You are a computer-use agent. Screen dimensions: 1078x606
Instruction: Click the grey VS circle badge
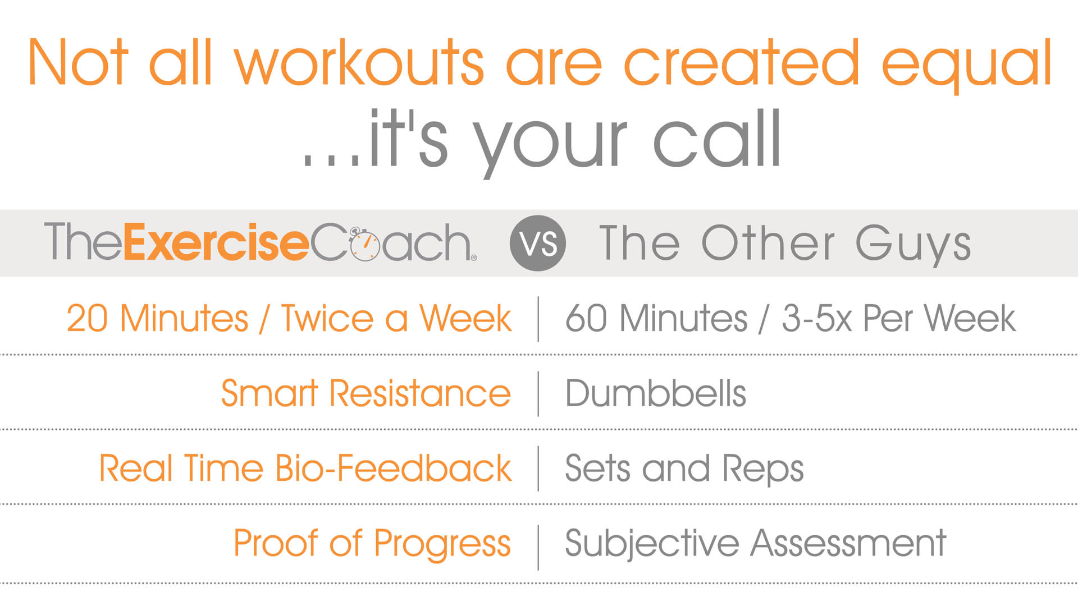(537, 243)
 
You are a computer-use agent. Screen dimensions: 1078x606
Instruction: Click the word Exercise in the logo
(216, 242)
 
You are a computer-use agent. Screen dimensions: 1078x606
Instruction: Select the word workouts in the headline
(359, 63)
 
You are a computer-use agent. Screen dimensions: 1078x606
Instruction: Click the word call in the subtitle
(718, 139)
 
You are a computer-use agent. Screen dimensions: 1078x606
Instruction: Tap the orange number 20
(87, 319)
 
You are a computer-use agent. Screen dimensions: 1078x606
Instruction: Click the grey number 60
(586, 319)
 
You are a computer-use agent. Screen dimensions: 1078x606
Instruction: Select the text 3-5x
(817, 319)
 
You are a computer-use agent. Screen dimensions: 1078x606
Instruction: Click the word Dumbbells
(656, 393)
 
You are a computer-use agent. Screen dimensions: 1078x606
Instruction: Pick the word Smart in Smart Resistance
(269, 393)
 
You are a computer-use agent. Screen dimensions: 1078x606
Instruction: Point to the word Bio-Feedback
(394, 468)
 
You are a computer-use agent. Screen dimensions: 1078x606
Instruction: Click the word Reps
(763, 469)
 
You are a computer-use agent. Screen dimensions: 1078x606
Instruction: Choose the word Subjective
(652, 543)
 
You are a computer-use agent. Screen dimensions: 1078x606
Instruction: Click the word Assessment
(849, 543)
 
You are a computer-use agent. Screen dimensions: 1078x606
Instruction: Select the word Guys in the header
(913, 245)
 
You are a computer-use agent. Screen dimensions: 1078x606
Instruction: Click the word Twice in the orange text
(327, 319)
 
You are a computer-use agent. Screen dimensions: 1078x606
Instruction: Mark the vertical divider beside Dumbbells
(538, 393)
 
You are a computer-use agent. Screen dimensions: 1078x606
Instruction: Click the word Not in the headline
(78, 62)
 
